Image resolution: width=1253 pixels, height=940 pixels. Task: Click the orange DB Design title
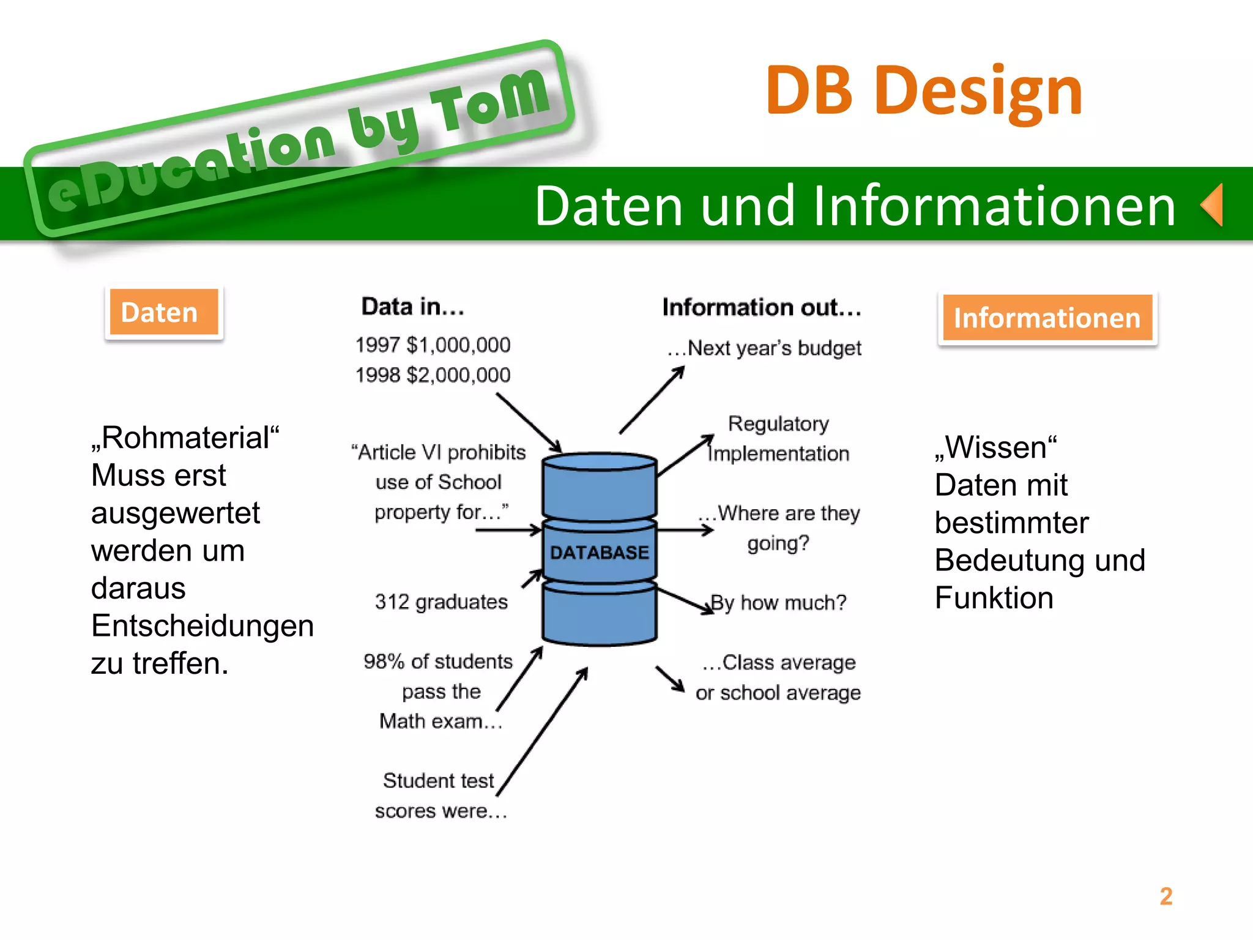coord(924,92)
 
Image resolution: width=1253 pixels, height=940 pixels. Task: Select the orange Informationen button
coord(1047,318)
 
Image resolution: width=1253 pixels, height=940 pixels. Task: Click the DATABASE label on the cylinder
coord(599,553)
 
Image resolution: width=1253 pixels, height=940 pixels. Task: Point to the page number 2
coord(1166,897)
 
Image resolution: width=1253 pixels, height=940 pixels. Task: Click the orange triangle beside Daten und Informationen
coord(1213,205)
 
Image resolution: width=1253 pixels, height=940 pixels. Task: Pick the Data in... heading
coord(413,307)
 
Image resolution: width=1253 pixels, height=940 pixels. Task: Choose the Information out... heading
coord(762,307)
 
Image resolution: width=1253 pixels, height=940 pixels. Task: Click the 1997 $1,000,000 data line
coord(433,345)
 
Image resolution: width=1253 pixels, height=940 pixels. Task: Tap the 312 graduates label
coord(441,602)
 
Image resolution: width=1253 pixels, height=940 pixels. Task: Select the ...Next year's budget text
coord(764,348)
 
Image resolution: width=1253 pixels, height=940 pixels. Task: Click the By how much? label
coord(778,603)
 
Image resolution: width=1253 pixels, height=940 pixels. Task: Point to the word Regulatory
coord(778,423)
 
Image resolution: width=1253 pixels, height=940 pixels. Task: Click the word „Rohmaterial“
coord(185,438)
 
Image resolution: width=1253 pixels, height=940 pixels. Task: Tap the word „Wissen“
coord(995,447)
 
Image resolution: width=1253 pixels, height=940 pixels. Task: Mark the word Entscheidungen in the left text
coord(203,626)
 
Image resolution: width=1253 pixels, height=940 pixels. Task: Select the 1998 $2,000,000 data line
coord(433,375)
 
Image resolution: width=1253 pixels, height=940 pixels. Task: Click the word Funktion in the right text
coord(994,598)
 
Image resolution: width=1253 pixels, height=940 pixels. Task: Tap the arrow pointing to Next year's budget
coord(652,400)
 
